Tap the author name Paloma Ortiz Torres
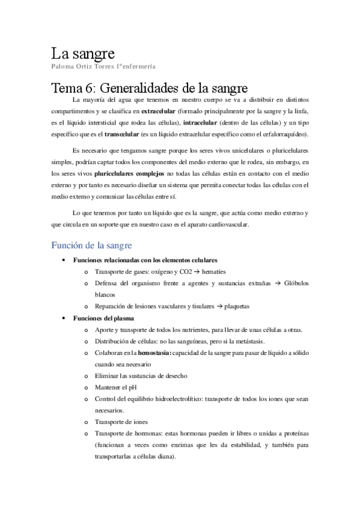pos(80,66)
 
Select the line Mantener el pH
pos(116,387)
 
